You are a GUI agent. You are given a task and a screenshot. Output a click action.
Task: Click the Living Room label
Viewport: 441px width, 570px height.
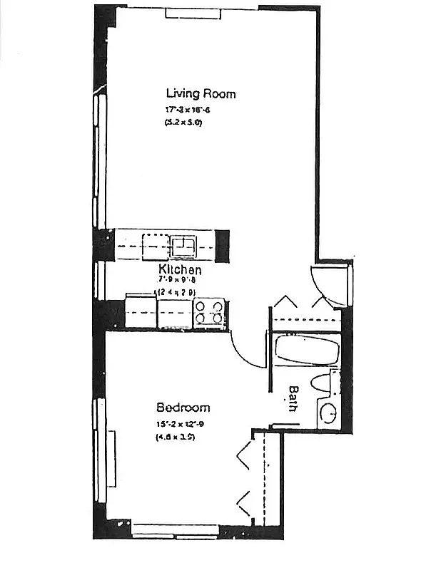201,93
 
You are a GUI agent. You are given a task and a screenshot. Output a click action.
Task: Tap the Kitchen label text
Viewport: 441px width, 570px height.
180,270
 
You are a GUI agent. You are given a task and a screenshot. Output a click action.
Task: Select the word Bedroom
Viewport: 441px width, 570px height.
183,408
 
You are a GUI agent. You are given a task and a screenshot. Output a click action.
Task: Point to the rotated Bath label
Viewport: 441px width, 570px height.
293,399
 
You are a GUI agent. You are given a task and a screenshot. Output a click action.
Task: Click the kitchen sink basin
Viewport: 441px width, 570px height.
184,247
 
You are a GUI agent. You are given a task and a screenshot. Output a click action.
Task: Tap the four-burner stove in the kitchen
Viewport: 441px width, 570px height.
210,312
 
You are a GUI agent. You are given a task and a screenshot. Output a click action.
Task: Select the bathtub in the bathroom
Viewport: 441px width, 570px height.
307,351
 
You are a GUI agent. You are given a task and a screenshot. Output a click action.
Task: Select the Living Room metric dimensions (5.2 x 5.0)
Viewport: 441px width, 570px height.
183,123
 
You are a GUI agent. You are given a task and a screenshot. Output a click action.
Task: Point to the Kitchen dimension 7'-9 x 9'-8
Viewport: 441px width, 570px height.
179,281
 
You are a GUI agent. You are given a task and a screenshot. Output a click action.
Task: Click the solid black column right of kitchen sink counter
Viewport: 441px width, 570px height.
223,246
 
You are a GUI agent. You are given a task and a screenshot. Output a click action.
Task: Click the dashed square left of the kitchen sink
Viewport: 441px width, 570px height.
155,247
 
